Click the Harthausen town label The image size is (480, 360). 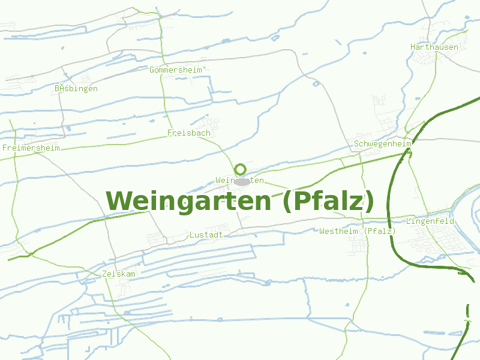pos(434,47)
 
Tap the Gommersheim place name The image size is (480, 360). pos(176,70)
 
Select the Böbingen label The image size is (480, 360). pos(76,88)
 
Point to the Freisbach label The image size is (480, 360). pos(188,133)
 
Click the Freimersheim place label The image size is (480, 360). pos(31,148)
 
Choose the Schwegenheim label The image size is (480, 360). pos(382,144)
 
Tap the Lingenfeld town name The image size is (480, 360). pos(430,221)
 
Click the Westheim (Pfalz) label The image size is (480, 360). pos(358,231)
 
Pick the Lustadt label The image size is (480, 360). pos(206,235)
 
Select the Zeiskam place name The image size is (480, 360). pos(119,274)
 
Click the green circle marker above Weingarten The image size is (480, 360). pos(241,169)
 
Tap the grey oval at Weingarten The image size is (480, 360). pos(242,181)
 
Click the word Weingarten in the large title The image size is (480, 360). pos(188,201)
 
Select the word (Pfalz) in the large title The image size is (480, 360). pos(328,201)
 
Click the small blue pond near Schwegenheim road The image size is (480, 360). pos(316,83)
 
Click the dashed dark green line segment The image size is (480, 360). pos(467,313)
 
